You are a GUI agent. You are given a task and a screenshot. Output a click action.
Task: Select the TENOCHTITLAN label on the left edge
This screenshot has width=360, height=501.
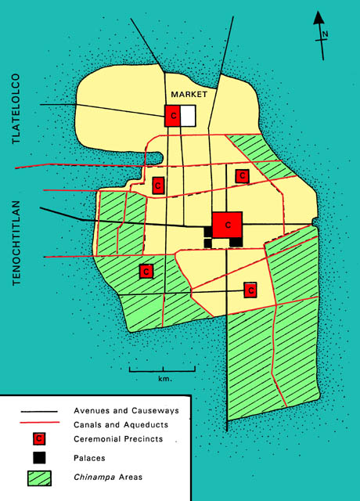point(16,243)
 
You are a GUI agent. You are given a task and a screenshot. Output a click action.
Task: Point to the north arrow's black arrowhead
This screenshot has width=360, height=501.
point(319,17)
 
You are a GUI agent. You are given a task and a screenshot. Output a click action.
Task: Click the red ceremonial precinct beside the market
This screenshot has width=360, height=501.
point(172,116)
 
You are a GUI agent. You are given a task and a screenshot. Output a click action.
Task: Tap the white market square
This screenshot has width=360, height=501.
point(189,116)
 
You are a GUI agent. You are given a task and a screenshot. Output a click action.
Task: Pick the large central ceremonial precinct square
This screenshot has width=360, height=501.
point(228,225)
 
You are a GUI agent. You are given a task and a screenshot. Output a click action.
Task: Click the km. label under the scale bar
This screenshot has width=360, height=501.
point(163,379)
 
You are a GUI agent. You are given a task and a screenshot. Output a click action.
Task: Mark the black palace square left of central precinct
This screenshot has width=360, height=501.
point(208,232)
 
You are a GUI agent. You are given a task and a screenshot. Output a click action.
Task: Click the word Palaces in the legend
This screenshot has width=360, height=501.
point(91,456)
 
